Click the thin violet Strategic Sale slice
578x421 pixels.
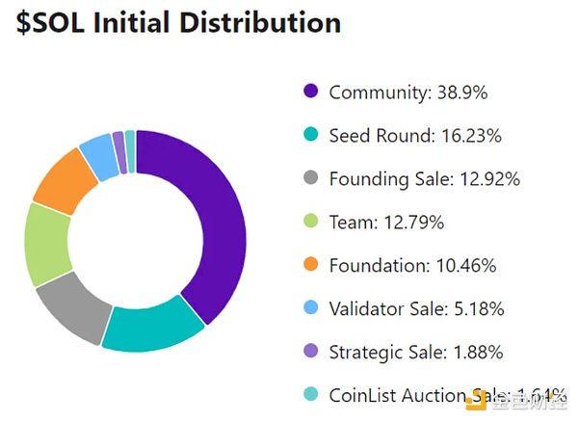(x=118, y=141)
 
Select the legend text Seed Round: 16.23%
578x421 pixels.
(x=415, y=136)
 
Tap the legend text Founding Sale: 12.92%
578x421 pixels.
(x=424, y=179)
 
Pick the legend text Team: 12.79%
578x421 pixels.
(x=386, y=223)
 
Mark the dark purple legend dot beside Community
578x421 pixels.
(x=310, y=92)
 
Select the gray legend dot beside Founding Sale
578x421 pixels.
(x=310, y=179)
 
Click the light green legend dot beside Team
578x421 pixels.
(x=310, y=223)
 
